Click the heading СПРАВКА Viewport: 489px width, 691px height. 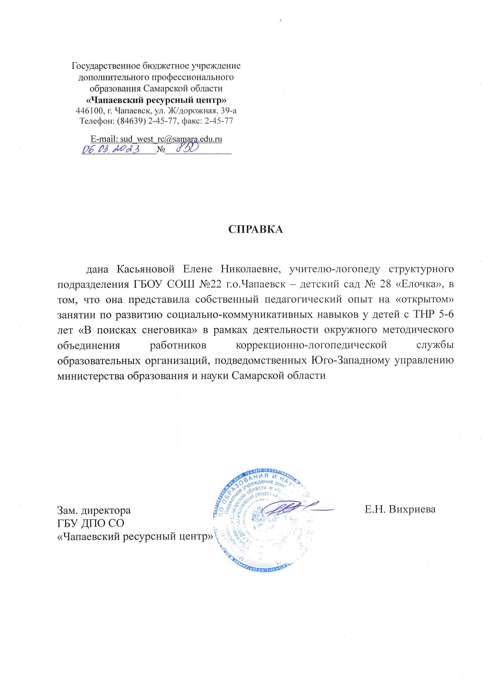pyautogui.click(x=255, y=229)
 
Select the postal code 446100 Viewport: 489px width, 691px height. pyautogui.click(x=89, y=111)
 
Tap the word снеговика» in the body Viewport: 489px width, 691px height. pyautogui.click(x=169, y=330)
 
